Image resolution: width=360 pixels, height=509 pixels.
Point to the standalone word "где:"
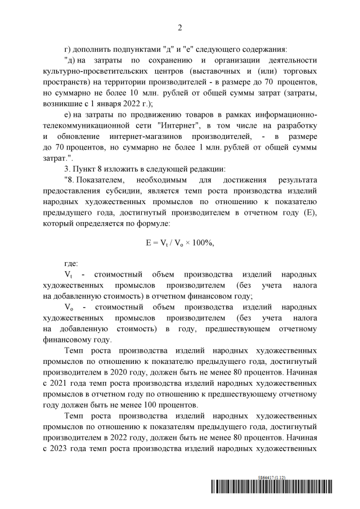click(x=71, y=263)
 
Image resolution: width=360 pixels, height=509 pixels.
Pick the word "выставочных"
click(x=215, y=73)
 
